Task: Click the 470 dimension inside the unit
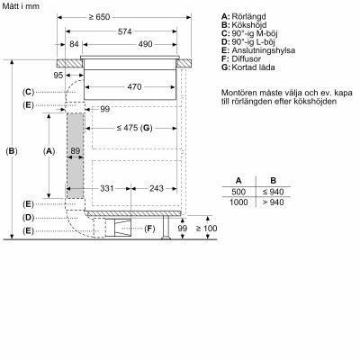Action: tap(134, 86)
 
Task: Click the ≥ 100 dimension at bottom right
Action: tap(208, 229)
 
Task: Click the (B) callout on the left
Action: tap(12, 150)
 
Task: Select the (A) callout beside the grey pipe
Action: tap(49, 150)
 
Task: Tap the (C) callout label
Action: tap(29, 92)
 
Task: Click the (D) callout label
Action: tap(29, 218)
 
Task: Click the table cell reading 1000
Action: tap(238, 203)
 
